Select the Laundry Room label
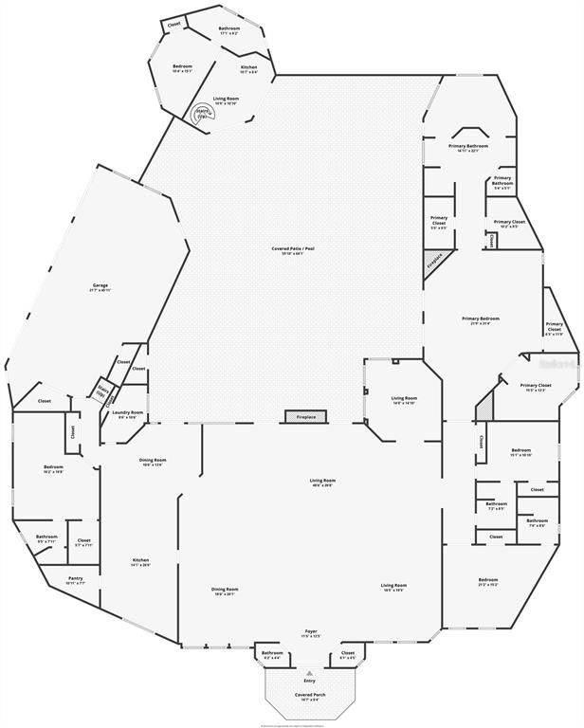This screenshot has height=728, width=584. click(127, 414)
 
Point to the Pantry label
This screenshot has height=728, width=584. click(76, 580)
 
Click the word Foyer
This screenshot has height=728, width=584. click(310, 631)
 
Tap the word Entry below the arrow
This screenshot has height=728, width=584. click(309, 682)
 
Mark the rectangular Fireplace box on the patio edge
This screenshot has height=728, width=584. click(306, 417)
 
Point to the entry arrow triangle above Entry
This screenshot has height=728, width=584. click(309, 672)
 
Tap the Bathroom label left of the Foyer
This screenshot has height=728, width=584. click(272, 654)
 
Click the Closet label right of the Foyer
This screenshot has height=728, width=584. click(347, 654)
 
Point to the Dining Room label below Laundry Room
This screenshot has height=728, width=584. click(153, 462)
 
